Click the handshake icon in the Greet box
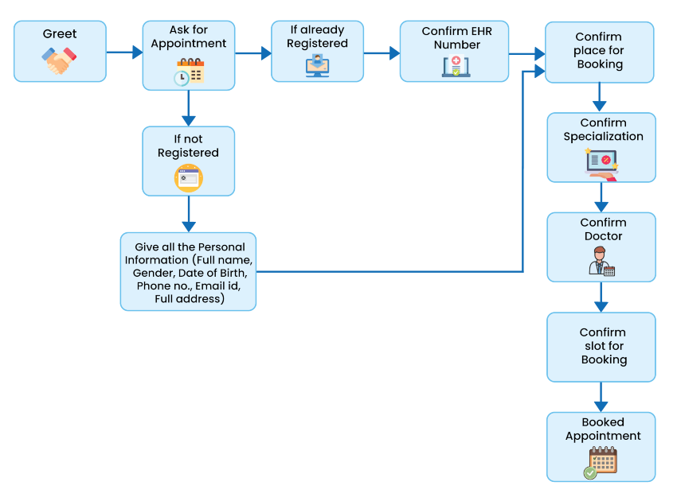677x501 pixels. point(60,61)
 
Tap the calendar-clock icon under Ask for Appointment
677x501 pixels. point(189,72)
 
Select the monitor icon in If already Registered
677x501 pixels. point(317,65)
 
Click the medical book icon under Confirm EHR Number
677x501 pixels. point(456,66)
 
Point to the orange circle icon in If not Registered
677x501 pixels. point(189,178)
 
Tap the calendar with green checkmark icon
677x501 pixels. point(601,463)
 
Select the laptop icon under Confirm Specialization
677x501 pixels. point(601,163)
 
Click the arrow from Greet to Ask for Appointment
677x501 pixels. point(124,52)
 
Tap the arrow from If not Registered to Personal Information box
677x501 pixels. point(189,214)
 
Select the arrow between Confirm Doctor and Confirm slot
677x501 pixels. point(601,297)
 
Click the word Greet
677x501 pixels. point(60,34)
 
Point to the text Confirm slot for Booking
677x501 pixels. point(603,346)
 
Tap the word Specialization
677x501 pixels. point(603,137)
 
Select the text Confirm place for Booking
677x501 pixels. point(599,50)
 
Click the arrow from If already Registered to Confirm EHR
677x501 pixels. point(382,53)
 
